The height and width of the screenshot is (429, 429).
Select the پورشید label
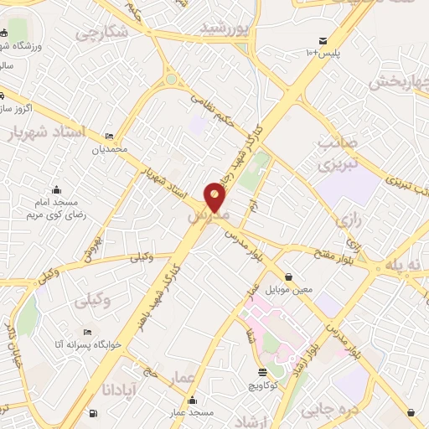[x=225, y=28]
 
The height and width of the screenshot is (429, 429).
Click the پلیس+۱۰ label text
[x=323, y=53]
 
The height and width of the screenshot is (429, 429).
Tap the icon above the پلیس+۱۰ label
[x=323, y=40]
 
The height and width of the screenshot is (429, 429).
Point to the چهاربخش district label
[x=399, y=82]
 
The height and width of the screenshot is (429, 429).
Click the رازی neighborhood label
[x=347, y=221]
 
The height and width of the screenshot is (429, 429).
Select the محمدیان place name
[x=110, y=148]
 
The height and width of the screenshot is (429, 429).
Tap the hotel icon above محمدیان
[x=110, y=137]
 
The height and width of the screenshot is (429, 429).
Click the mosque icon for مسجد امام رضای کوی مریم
[x=57, y=189]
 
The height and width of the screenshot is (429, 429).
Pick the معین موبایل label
[x=289, y=289]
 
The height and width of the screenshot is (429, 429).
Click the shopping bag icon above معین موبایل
[x=289, y=277]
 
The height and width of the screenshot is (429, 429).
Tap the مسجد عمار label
[x=194, y=413]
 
